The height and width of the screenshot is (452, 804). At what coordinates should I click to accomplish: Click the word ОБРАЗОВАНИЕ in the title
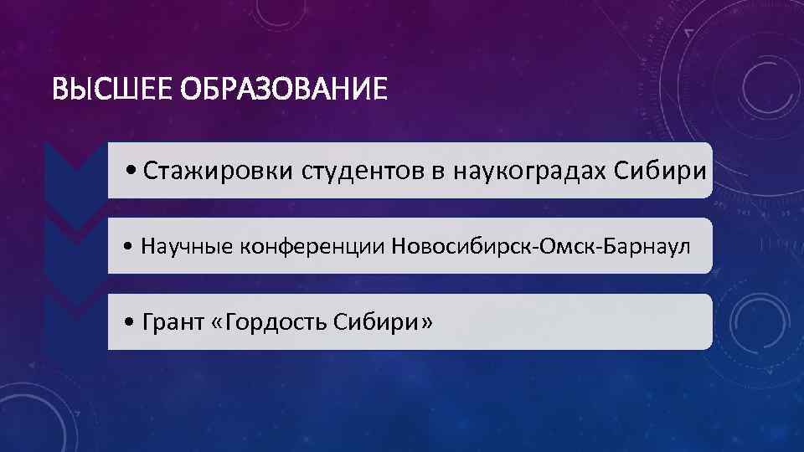(x=284, y=88)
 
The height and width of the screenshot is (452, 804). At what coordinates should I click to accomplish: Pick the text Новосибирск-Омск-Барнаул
(x=535, y=246)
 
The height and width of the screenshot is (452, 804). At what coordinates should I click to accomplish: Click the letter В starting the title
(x=58, y=88)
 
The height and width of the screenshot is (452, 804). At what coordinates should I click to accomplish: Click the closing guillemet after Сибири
(x=428, y=322)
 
